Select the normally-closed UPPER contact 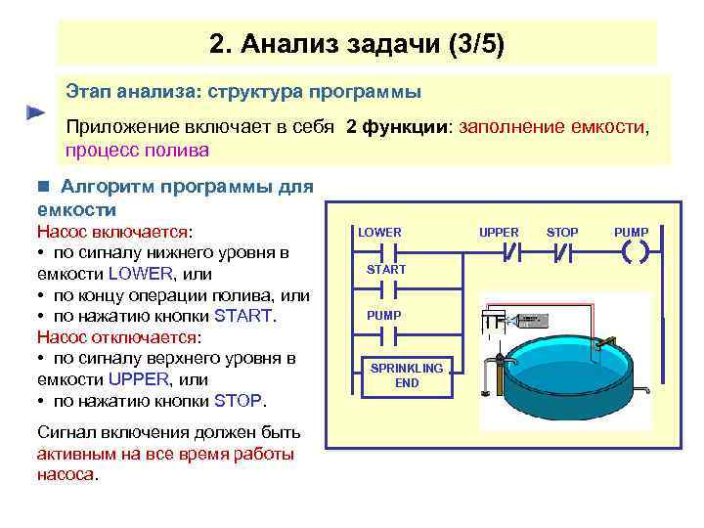tap(510, 251)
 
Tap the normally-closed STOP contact tap(562, 251)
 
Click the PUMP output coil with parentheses tap(634, 251)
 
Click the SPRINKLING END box tap(407, 376)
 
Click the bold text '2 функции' tap(395, 127)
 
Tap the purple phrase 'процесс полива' tap(137, 151)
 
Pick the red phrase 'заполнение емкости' tap(552, 127)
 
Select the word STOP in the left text tap(239, 401)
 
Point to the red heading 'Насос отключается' tap(117, 337)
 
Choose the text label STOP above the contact tap(562, 232)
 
